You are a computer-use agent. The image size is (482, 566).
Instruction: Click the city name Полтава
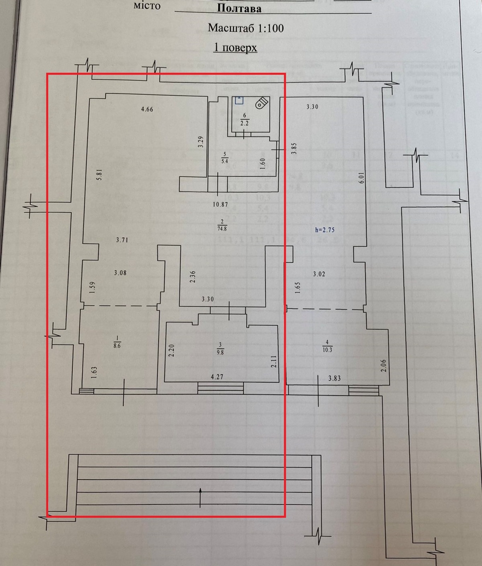[x=239, y=8]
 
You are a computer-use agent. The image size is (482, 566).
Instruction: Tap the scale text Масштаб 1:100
[x=246, y=28]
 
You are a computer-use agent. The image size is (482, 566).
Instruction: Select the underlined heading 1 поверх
[x=235, y=47]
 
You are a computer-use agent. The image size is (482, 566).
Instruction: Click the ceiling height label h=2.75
[x=324, y=230]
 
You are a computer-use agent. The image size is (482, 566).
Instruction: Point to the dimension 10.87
[x=220, y=204]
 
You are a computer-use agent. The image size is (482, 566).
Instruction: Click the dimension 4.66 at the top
[x=147, y=109]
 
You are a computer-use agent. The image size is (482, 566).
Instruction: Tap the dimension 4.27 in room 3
[x=217, y=377]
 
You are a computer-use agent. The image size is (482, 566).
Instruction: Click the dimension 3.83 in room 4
[x=334, y=379]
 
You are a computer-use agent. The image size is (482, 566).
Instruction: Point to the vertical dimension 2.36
[x=193, y=277]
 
